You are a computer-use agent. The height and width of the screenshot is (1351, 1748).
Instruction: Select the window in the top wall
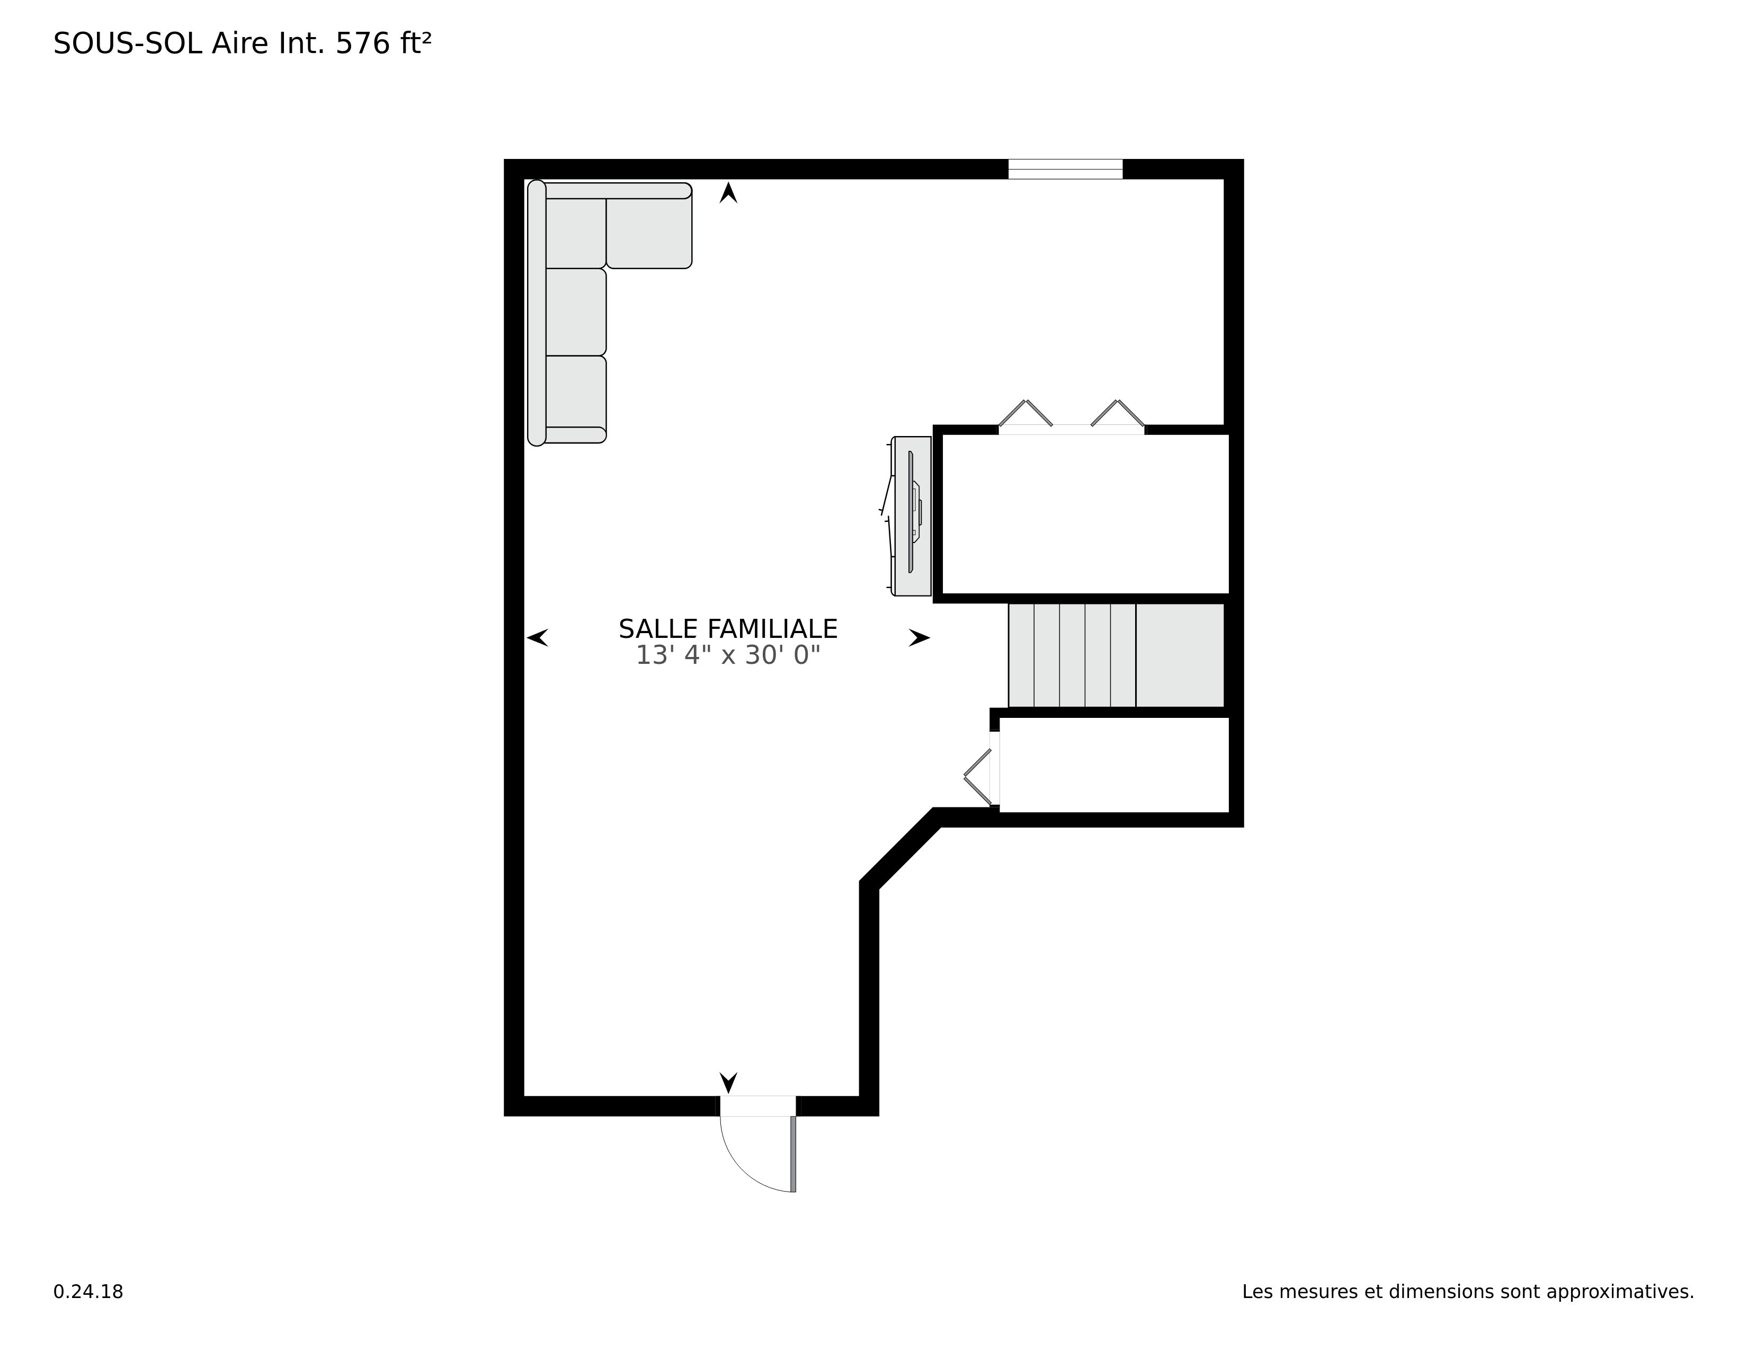[x=1065, y=169]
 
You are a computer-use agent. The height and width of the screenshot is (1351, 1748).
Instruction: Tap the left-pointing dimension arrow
[x=537, y=638]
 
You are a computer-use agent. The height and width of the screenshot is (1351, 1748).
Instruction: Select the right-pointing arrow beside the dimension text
[x=919, y=638]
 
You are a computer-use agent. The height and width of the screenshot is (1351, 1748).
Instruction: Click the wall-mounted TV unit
[x=912, y=516]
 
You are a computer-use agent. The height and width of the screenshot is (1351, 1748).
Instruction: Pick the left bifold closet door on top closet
[x=1025, y=413]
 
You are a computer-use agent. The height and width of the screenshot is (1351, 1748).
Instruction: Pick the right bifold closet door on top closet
[x=1118, y=413]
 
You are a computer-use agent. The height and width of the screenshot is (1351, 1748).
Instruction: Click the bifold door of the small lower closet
[x=978, y=776]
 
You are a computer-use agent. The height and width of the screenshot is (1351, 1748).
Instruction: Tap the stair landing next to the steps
[x=1179, y=655]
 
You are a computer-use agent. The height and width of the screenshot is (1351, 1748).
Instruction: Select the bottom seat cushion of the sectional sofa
[x=575, y=392]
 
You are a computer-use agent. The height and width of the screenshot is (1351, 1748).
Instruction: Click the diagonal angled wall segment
[x=900, y=848]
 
